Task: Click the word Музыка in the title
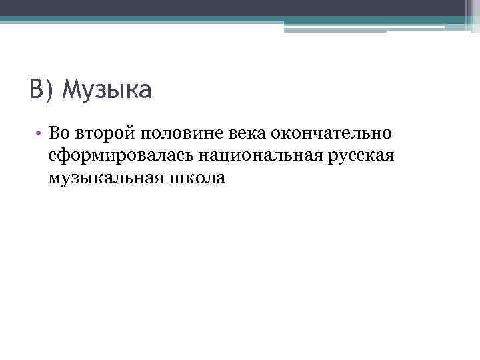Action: point(107,89)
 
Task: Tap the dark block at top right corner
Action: point(470,13)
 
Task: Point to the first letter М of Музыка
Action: point(70,89)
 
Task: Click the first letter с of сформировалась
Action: point(52,157)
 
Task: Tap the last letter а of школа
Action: point(221,180)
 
